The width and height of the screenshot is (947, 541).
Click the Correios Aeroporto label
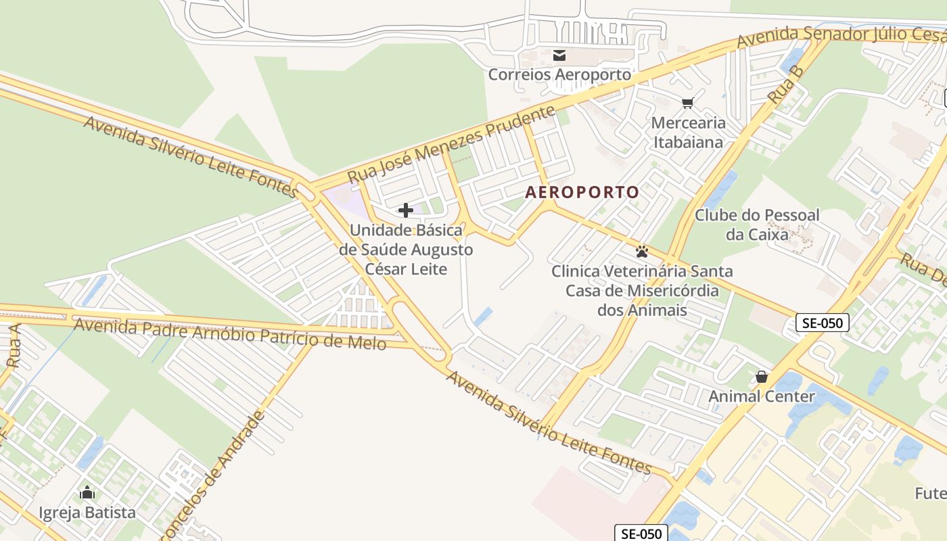559,74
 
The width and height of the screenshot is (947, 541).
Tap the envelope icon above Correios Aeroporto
559,55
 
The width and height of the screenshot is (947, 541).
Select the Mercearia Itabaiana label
688,133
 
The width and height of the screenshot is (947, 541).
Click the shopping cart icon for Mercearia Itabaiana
688,103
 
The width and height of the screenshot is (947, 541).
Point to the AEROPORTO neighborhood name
582,193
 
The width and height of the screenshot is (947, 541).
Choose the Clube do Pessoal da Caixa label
757,225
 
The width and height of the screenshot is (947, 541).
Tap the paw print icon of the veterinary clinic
641,252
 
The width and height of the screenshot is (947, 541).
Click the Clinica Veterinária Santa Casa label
641,291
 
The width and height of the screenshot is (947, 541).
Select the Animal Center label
762,396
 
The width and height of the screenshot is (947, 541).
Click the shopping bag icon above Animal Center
762,377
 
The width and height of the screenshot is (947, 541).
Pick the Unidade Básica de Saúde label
406,250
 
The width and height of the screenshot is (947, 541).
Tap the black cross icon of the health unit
406,210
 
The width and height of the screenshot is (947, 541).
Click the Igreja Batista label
87,513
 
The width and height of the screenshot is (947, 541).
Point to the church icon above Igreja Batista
87,493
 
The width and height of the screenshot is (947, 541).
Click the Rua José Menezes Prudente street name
451,143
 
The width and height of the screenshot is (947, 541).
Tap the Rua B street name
785,85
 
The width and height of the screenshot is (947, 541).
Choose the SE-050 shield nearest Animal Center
822,323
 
